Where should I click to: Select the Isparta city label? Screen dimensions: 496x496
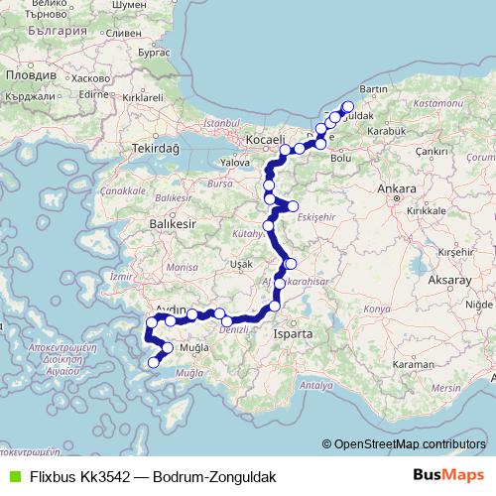[x=294, y=334]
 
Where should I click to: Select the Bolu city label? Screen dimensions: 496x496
[x=340, y=157]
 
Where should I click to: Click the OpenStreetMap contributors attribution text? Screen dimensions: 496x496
[x=409, y=444]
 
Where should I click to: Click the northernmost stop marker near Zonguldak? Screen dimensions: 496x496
[x=347, y=107]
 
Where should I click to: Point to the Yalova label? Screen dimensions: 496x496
[x=236, y=162]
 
